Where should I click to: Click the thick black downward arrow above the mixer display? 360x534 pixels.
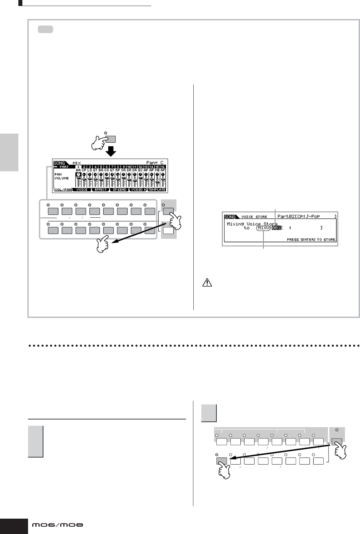coord(111,152)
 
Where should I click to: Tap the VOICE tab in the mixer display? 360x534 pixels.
coord(82,190)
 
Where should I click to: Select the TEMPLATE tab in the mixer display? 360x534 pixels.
coord(157,190)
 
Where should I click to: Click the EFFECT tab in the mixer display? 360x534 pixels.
coord(101,190)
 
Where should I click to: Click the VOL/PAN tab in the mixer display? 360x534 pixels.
coord(63,190)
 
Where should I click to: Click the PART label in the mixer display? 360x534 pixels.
coord(63,167)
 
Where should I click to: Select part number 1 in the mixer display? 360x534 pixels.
coord(78,167)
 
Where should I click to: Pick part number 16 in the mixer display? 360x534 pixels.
coord(163,167)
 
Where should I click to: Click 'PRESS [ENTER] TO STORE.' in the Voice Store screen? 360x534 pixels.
coord(311,239)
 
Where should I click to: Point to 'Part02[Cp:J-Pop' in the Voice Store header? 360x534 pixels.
coord(299,216)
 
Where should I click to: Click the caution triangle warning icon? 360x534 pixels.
coord(207,283)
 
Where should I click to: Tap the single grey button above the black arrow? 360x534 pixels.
coord(111,139)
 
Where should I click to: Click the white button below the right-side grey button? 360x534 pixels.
coord(168,230)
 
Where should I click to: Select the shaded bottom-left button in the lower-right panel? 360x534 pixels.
coord(221,461)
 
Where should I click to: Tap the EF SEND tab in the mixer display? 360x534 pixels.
coord(120,190)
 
